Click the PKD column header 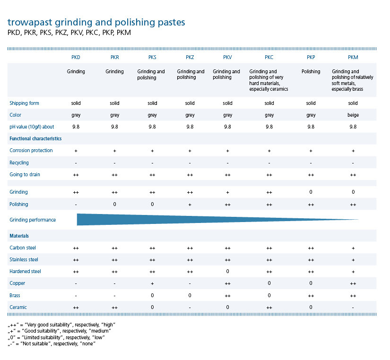(x=76, y=57)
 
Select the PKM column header (x=353, y=57)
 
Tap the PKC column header (x=269, y=57)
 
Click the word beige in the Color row (x=353, y=115)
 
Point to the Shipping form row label (x=24, y=103)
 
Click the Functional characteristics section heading (x=35, y=138)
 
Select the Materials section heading (x=20, y=235)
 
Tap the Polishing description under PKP (x=311, y=72)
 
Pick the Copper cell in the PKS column (x=152, y=283)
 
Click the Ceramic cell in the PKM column (x=353, y=308)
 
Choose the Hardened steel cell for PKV (x=227, y=272)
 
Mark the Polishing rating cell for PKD (x=76, y=205)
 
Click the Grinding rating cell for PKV (x=227, y=192)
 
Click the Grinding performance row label (x=33, y=220)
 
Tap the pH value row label (x=32, y=127)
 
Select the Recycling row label (x=19, y=163)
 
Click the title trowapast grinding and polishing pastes (x=96, y=22)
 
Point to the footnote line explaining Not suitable (x=52, y=343)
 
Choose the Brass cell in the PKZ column (x=190, y=295)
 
